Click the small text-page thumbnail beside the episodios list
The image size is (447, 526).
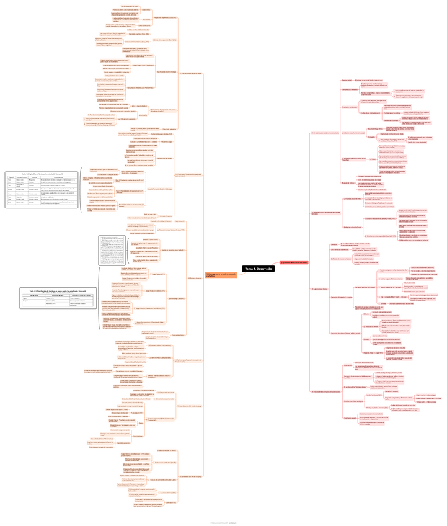coord(107,252)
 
